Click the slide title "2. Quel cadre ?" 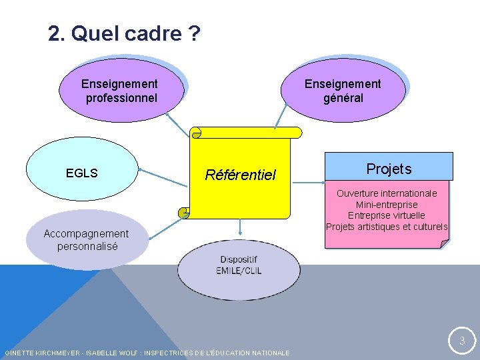point(124,33)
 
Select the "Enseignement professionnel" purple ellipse point(121,91)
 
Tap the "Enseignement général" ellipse point(343,91)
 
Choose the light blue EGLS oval point(82,173)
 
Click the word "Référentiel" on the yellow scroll point(240,175)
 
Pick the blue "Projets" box point(389,169)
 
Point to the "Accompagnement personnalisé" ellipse point(87,239)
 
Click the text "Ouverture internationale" point(387,193)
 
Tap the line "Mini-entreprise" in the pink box point(387,205)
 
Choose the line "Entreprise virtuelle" point(387,215)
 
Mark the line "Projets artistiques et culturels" point(387,227)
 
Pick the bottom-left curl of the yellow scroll point(183,213)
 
